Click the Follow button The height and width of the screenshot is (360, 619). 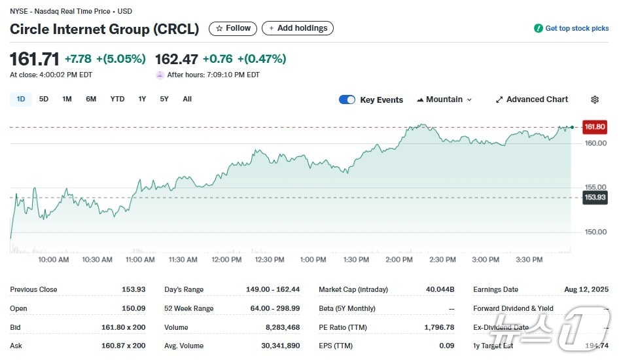pos(233,28)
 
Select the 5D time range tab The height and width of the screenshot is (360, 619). pos(44,99)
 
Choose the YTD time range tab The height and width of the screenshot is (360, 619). pos(117,99)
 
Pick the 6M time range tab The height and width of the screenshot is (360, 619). pos(91,99)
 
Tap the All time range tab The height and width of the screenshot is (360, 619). pos(187,99)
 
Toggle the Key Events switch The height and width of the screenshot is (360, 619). pos(347,99)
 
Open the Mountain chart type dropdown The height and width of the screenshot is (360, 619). pos(444,99)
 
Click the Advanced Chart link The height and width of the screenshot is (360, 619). pos(532,99)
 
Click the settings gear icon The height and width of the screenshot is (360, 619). pos(595,99)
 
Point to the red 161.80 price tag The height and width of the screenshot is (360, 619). pos(595,127)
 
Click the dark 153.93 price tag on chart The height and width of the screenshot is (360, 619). pos(595,197)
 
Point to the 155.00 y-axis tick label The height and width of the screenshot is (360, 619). pos(596,187)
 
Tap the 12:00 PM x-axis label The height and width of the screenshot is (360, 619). pos(226,260)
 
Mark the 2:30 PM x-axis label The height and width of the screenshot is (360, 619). pos(442,260)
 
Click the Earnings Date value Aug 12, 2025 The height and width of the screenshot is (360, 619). pos(586,289)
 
